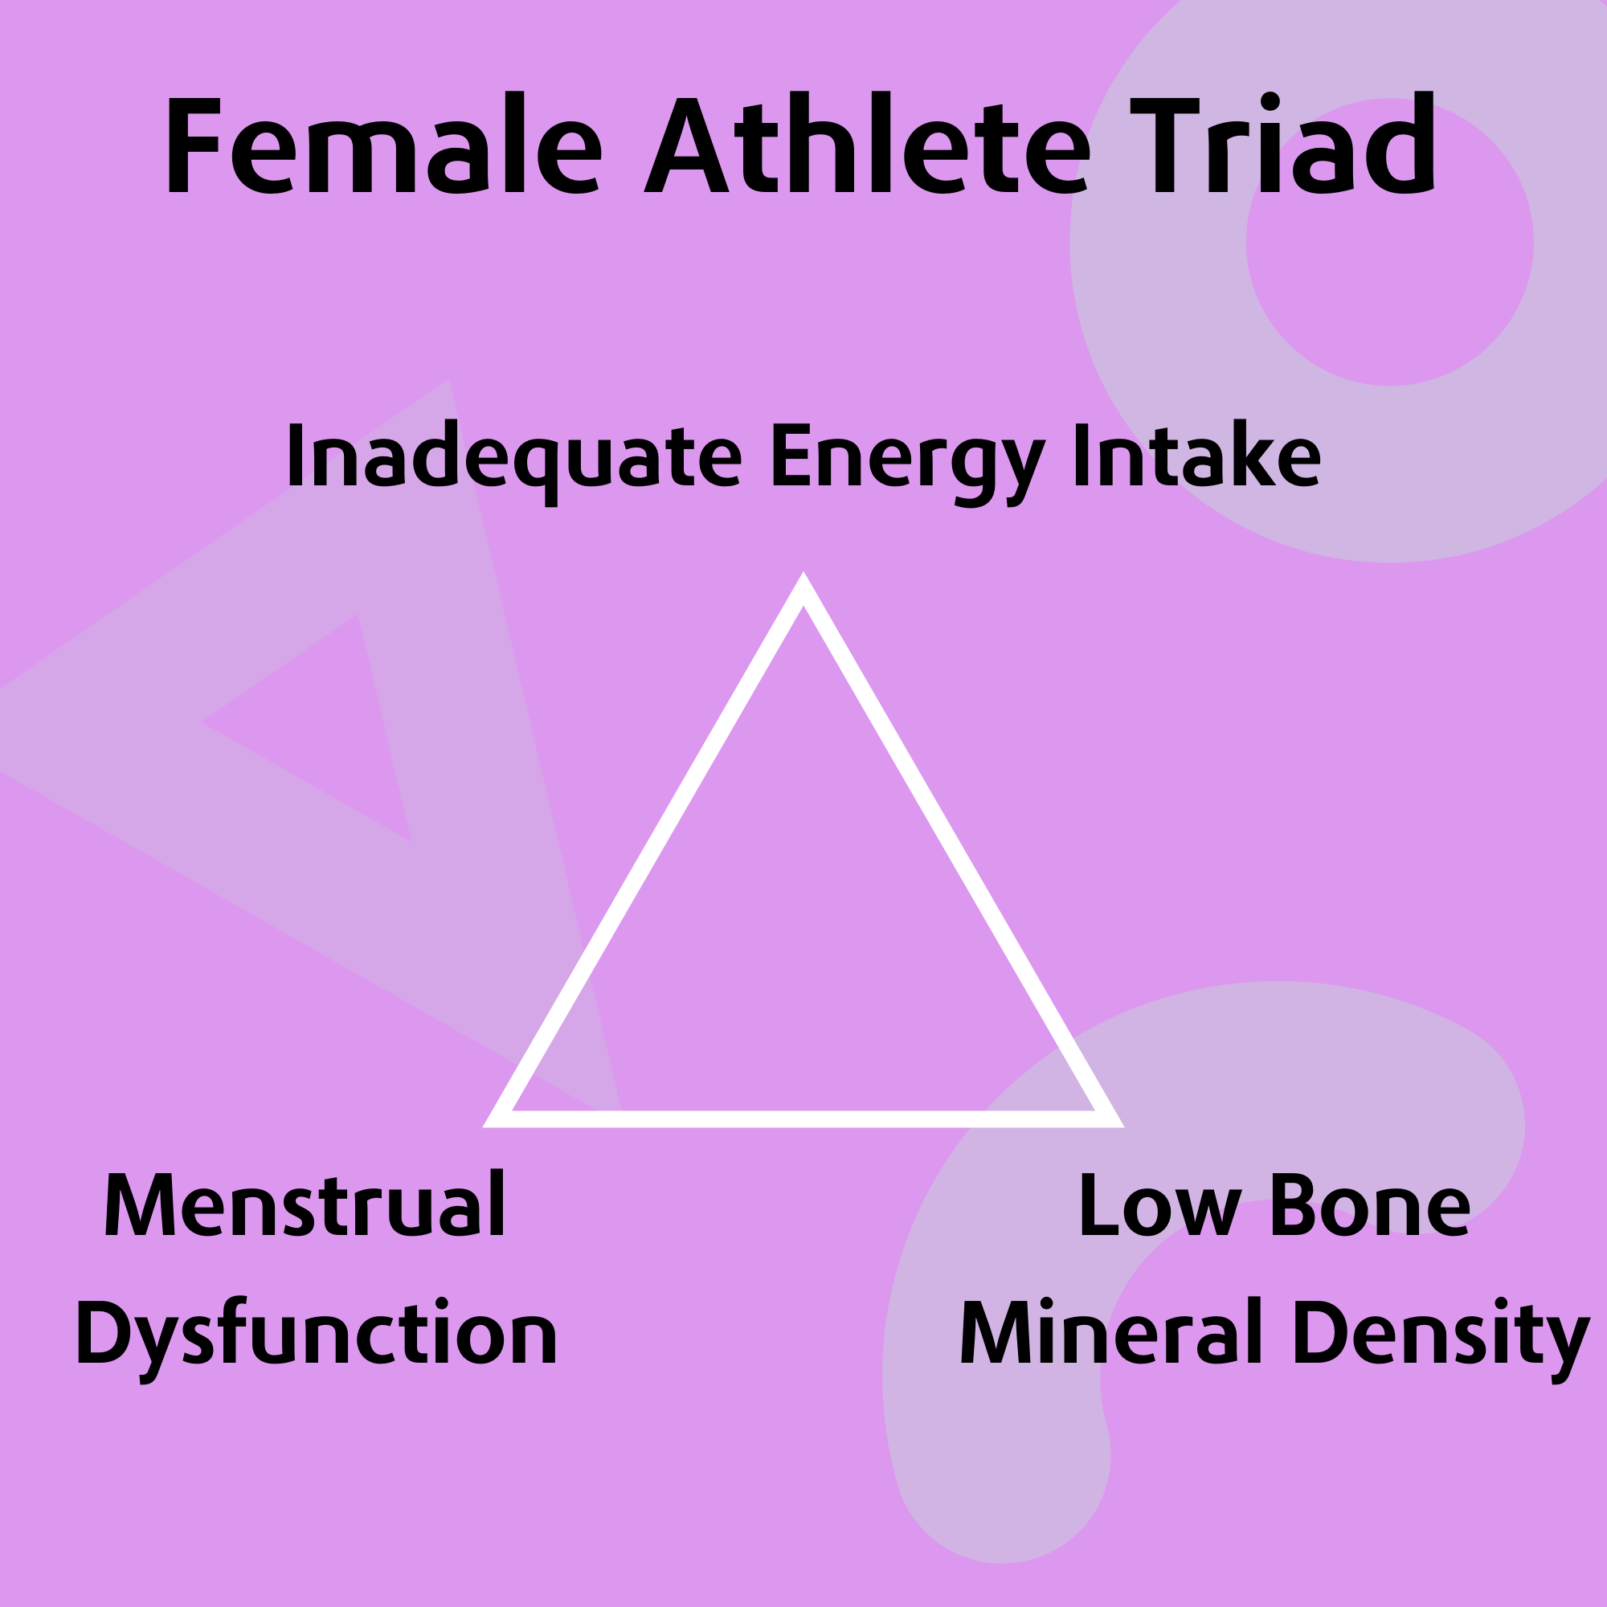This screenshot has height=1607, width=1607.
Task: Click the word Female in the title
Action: pos(384,142)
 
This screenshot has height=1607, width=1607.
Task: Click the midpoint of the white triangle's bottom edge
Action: pos(803,1119)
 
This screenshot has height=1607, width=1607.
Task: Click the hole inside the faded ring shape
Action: pos(1389,242)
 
